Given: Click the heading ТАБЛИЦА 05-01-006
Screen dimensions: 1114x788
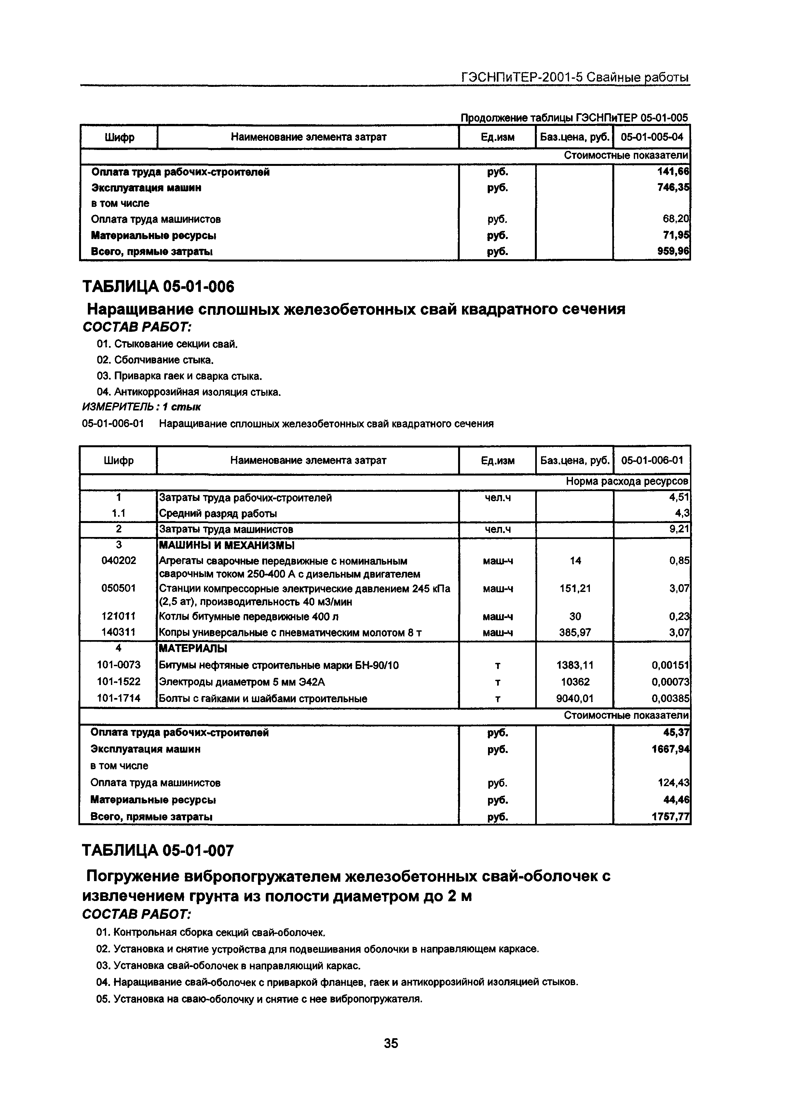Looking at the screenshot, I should point(158,287).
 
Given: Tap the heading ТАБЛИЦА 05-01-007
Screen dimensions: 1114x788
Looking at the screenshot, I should point(158,851).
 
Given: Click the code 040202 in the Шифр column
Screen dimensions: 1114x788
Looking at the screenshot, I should point(119,560).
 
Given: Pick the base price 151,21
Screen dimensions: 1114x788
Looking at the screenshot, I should point(575,588).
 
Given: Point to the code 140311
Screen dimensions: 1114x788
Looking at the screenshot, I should point(119,632).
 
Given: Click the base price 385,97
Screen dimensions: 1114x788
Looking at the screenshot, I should point(575,632).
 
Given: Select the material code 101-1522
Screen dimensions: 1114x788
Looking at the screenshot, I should point(119,682).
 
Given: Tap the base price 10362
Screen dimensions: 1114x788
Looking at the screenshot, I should point(575,682).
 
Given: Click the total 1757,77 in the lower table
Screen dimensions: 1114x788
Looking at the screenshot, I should point(671,817).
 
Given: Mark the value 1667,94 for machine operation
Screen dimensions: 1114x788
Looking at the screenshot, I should point(671,750).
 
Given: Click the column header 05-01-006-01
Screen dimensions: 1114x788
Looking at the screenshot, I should point(652,460).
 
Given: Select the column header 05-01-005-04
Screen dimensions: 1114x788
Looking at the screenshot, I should point(652,137).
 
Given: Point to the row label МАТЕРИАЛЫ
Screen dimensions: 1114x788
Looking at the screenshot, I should point(193,648).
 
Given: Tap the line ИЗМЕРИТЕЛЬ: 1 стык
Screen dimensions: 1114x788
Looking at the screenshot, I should point(142,407).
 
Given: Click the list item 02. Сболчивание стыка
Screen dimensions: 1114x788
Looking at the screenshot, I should point(155,360).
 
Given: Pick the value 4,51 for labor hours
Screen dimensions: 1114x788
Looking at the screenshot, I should point(679,497).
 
